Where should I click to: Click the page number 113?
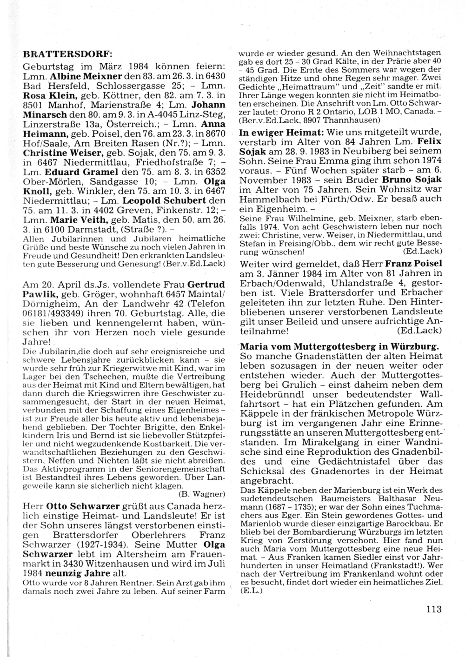pos(433,609)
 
